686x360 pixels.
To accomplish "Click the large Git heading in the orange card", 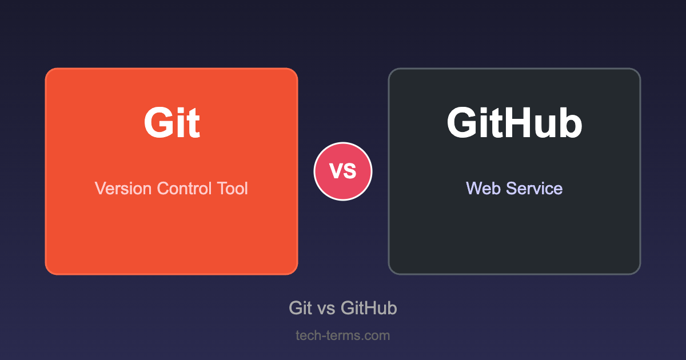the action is [x=172, y=122].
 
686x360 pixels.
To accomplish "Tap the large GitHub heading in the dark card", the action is [x=514, y=122].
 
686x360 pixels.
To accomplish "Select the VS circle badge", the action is [x=343, y=171].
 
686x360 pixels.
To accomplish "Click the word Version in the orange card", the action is [x=123, y=188].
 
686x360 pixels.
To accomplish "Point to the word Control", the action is [x=184, y=188].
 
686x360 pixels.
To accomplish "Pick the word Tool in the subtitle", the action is [x=233, y=188].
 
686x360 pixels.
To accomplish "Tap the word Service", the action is [x=535, y=188].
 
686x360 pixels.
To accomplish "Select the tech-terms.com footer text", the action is [x=343, y=335].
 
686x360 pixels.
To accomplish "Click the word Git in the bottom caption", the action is [x=301, y=307].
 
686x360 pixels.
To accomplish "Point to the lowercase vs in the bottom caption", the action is [x=326, y=309].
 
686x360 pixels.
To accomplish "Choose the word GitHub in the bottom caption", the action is [x=369, y=307].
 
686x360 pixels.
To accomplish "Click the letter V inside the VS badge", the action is [x=336, y=170].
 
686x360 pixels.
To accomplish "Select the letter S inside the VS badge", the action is [x=350, y=171].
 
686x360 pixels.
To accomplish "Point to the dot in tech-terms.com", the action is [x=362, y=339].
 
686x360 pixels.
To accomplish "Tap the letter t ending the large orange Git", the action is [x=194, y=124].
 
